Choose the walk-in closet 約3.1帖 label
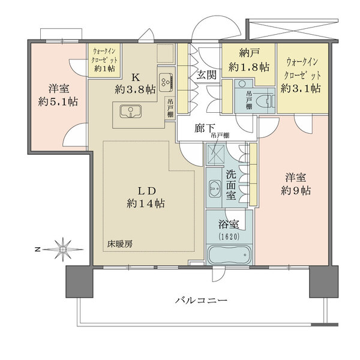(304, 75)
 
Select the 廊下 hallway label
(204, 128)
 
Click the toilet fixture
(262, 100)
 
